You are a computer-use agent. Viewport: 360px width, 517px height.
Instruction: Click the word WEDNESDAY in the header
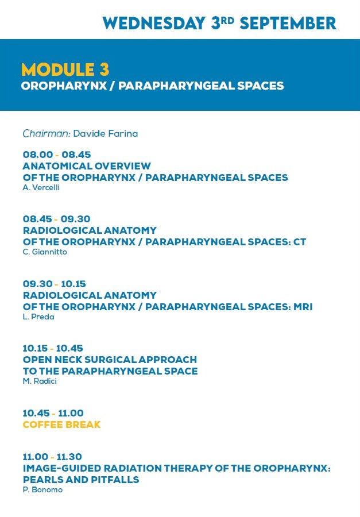tap(154, 24)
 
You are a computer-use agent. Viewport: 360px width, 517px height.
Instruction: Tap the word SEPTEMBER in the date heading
tap(288, 24)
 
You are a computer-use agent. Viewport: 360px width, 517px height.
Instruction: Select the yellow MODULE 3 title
tap(65, 70)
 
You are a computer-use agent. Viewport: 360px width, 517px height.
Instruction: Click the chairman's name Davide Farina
tap(106, 133)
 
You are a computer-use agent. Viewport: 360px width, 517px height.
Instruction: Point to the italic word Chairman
tap(47, 133)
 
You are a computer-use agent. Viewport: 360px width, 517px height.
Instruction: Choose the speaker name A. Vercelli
tap(41, 188)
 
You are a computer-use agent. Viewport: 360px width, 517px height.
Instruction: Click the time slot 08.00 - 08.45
tap(57, 155)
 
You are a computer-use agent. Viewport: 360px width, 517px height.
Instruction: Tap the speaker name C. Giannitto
tap(45, 252)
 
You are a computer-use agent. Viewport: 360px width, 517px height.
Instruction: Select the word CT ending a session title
tap(300, 242)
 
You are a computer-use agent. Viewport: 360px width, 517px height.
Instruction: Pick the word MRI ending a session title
tap(303, 307)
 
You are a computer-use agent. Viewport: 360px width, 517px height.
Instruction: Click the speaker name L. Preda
tap(38, 317)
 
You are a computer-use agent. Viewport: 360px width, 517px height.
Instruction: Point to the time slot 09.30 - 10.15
tap(55, 284)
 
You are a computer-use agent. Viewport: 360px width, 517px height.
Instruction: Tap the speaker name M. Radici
tap(40, 381)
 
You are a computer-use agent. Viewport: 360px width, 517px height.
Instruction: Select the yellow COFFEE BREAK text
tap(61, 425)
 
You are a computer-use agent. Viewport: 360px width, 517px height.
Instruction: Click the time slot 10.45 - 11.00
tap(53, 413)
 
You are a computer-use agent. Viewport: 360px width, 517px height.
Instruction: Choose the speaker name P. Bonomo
tap(42, 490)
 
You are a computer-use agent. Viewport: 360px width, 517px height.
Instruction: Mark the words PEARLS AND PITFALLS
tap(81, 480)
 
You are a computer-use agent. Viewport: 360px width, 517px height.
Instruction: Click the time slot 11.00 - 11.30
tap(52, 457)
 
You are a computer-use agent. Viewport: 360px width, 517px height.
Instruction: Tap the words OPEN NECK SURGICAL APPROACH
tap(110, 360)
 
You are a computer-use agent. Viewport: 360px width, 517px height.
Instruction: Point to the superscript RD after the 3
tap(227, 21)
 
